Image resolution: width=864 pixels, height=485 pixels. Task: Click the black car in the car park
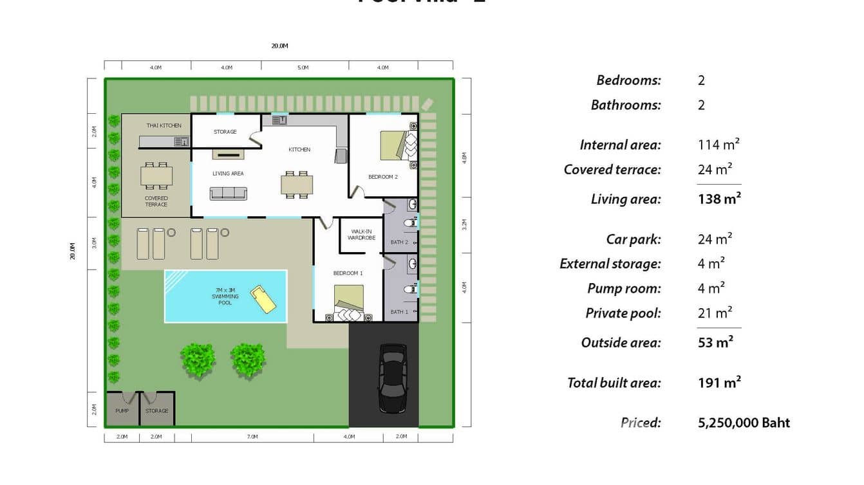pyautogui.click(x=391, y=378)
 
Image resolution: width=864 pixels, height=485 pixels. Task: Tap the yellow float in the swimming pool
pyautogui.click(x=264, y=298)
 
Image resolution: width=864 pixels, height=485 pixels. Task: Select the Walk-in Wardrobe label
pyautogui.click(x=361, y=234)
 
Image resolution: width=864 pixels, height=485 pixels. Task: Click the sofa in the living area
pyautogui.click(x=228, y=193)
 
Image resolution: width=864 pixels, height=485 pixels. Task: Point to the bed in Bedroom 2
pyautogui.click(x=393, y=145)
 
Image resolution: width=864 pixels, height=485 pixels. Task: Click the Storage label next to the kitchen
pyautogui.click(x=225, y=132)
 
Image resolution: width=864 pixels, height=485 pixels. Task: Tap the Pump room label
pyautogui.click(x=122, y=411)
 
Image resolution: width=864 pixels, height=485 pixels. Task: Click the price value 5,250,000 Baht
pyautogui.click(x=744, y=423)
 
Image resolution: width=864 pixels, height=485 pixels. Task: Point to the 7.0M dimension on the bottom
pyautogui.click(x=252, y=437)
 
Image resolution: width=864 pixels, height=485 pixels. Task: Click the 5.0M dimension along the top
pyautogui.click(x=303, y=68)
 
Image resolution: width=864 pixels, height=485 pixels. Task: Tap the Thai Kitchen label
pyautogui.click(x=164, y=125)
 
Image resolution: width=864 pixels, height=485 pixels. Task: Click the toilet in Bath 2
pyautogui.click(x=409, y=223)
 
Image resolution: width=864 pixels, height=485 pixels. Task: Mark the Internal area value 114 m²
pyautogui.click(x=718, y=145)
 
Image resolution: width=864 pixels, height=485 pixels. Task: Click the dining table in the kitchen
pyautogui.click(x=297, y=185)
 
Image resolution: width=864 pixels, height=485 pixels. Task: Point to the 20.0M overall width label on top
pyautogui.click(x=279, y=46)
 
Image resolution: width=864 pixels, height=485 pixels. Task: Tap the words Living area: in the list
pyautogui.click(x=625, y=199)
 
